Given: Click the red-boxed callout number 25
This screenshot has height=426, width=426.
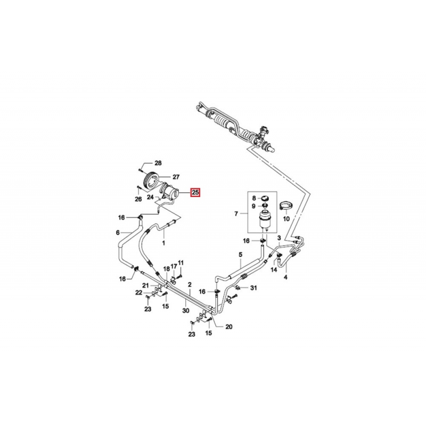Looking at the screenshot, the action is (195, 192).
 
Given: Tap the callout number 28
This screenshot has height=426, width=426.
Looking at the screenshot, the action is (158, 163).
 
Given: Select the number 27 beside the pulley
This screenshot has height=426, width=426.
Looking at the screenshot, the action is (176, 177).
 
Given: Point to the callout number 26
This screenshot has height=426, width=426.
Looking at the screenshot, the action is (138, 199).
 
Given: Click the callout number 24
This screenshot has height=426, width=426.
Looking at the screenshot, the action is (151, 196).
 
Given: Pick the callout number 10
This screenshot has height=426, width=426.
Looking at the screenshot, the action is (286, 218).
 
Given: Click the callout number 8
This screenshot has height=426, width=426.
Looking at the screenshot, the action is (254, 199).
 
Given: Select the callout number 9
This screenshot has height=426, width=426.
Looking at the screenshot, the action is (254, 206).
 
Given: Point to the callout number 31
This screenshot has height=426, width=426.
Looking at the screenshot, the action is (253, 288).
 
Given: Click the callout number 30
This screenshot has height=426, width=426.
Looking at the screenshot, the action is (185, 310).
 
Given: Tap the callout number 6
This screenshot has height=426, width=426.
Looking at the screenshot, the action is (118, 233).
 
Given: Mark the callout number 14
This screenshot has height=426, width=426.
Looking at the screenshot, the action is (274, 270).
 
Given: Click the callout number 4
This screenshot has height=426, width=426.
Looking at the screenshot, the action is (285, 277).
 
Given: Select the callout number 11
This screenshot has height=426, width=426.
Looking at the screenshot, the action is (181, 263).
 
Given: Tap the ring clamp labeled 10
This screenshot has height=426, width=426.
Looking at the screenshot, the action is (285, 204).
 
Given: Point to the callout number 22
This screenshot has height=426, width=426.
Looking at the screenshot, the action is (138, 292).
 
